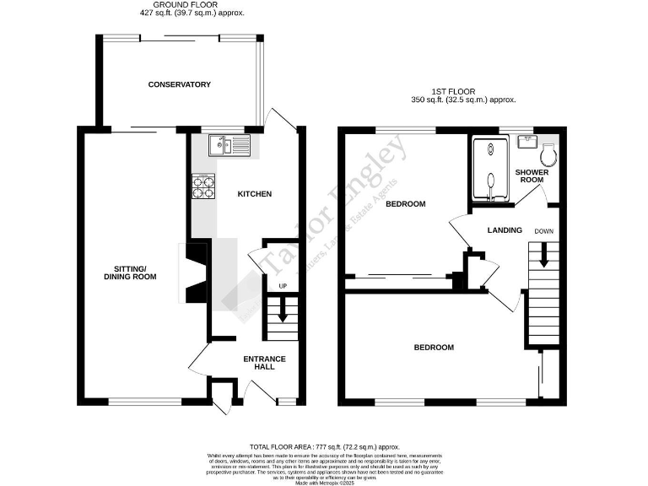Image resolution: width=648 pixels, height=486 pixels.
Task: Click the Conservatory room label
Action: [179, 84]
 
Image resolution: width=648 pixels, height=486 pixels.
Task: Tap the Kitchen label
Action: [254, 194]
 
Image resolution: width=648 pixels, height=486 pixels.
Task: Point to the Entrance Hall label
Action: [264, 364]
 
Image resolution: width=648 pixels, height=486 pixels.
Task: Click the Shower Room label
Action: [532, 175]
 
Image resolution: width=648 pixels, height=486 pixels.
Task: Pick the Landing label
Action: [505, 230]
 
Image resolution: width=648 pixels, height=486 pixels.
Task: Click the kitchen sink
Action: [229, 146]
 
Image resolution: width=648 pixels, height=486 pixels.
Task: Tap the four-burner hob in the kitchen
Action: [202, 186]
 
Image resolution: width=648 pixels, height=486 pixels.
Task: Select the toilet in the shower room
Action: [548, 154]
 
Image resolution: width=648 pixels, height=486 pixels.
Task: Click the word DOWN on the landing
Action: [543, 230]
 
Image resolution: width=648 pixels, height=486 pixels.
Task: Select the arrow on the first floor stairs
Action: [543, 254]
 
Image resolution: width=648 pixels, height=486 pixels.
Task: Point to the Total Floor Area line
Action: [325, 446]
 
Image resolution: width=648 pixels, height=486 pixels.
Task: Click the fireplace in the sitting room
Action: [196, 272]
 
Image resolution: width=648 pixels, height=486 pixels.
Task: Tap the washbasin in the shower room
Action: [527, 141]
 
